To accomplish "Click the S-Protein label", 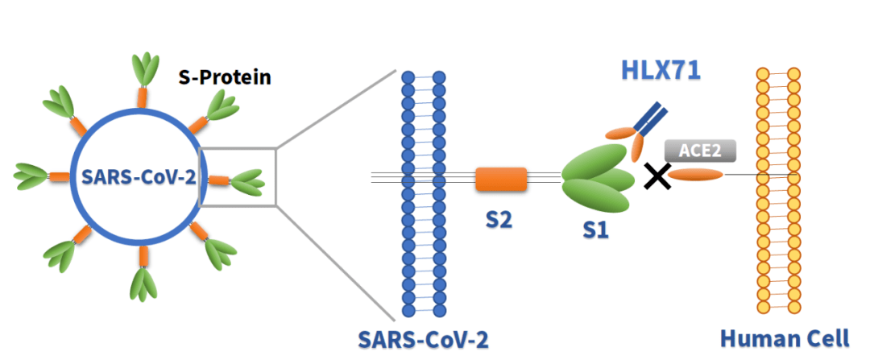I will click(x=224, y=78).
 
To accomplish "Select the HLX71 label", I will click(x=661, y=70).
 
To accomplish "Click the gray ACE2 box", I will click(x=694, y=151).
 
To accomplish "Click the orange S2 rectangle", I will click(x=501, y=180).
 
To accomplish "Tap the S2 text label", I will click(x=499, y=218).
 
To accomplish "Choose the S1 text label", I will click(x=596, y=231).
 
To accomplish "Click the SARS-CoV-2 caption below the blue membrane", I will click(x=423, y=339).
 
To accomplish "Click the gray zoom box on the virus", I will click(x=238, y=176).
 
